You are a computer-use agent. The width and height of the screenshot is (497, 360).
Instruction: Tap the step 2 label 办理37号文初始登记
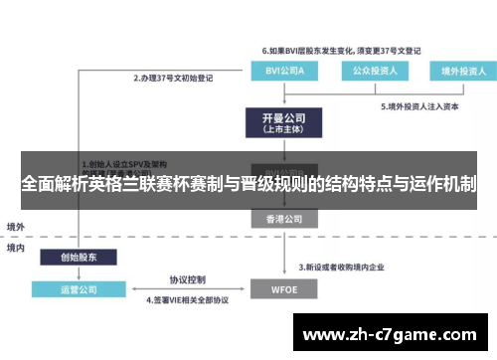point(175,77)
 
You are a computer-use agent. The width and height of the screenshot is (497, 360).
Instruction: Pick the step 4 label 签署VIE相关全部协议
point(188,299)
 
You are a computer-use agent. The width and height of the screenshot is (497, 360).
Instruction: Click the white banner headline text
point(248,184)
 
